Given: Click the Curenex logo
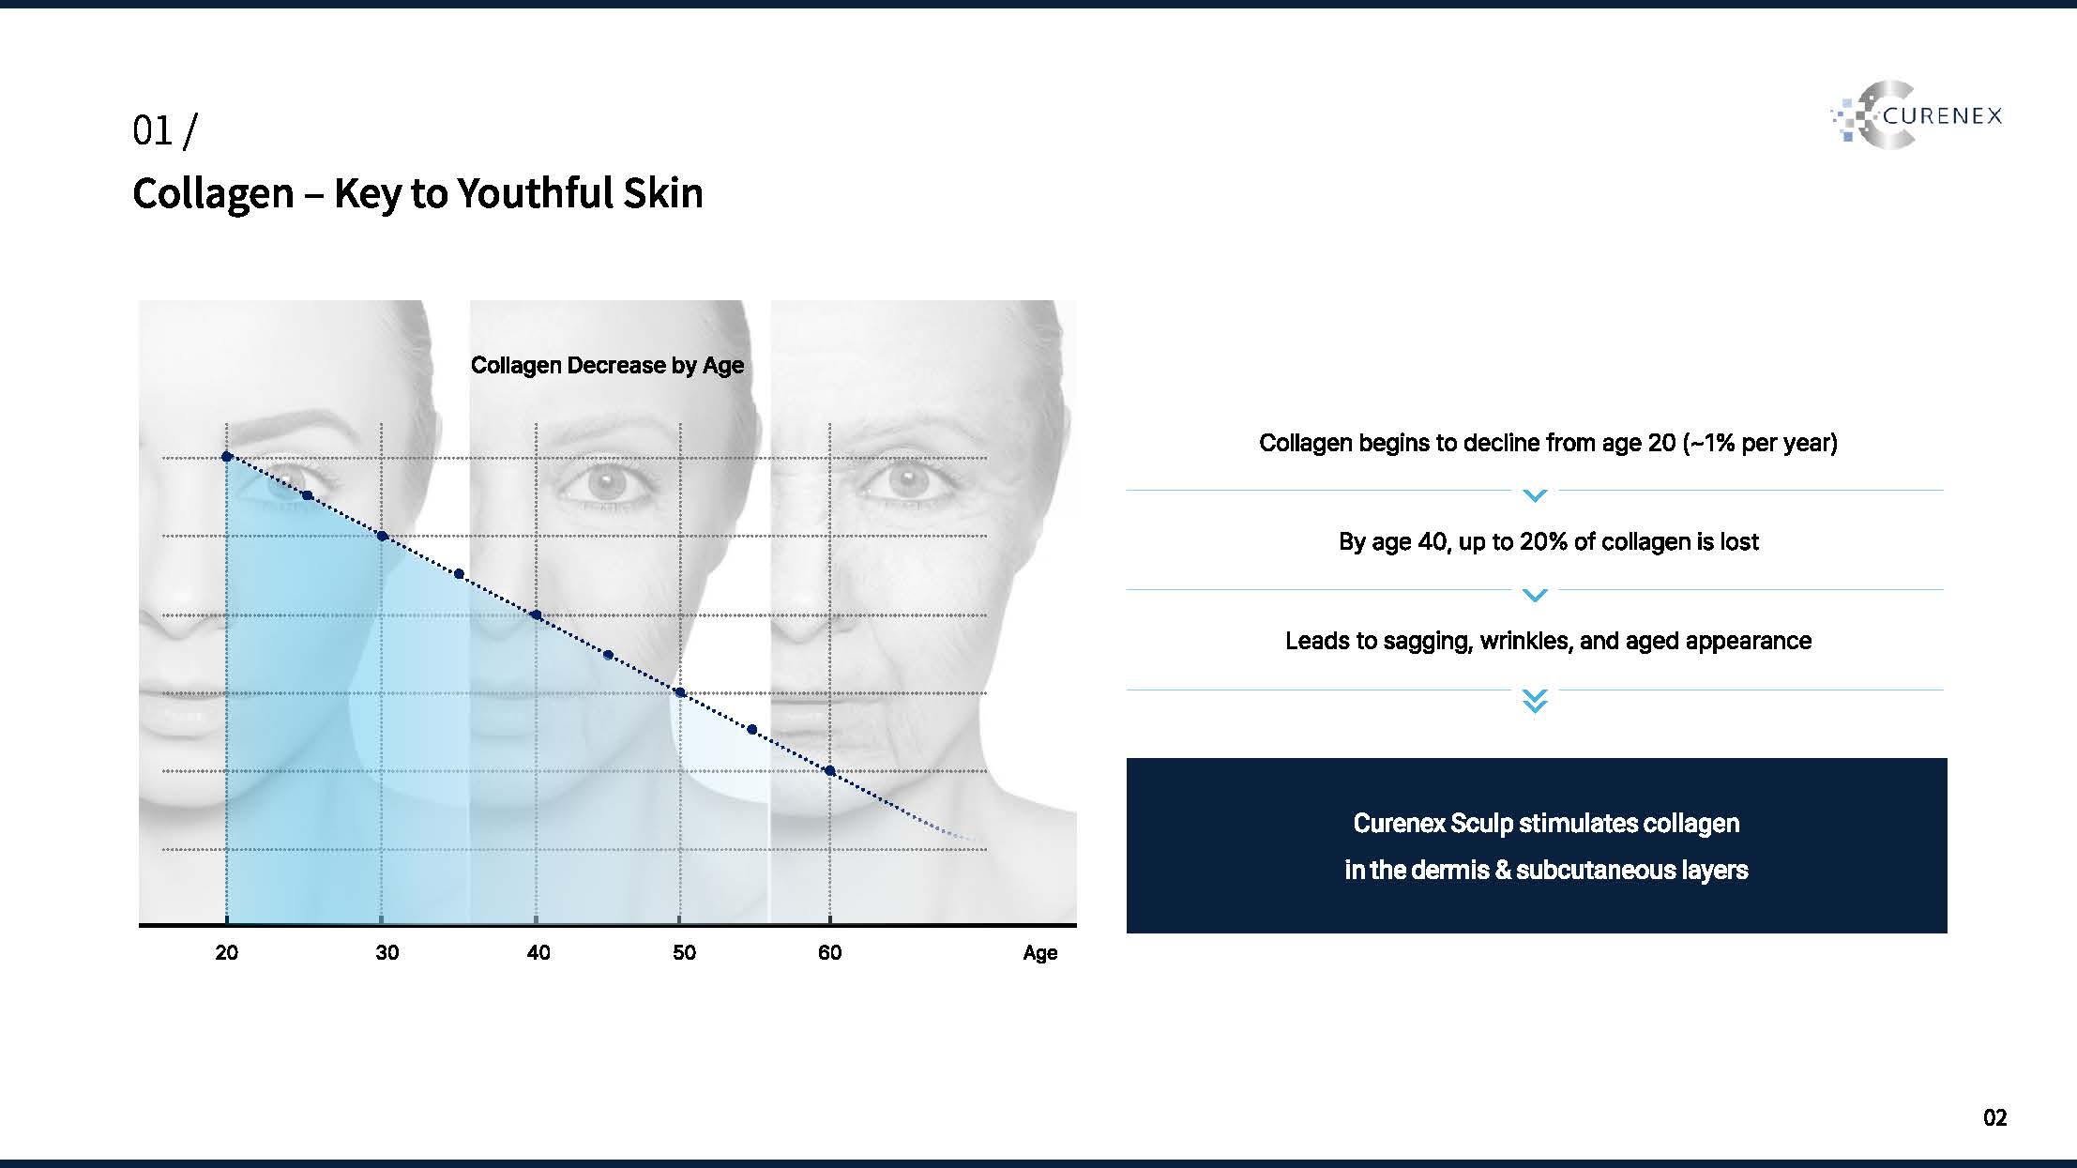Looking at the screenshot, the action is click(x=1916, y=115).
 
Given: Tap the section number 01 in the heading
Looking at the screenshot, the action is click(x=153, y=131).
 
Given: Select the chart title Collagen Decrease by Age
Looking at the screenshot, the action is click(x=607, y=365).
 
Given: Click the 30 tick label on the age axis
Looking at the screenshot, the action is click(x=387, y=952).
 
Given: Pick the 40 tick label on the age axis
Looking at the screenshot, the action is click(x=538, y=952).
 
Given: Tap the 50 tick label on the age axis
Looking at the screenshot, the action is click(x=684, y=952).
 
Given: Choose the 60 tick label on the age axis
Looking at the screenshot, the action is click(x=829, y=952).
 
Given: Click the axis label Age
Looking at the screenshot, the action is click(x=1039, y=953).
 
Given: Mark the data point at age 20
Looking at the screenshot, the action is click(x=226, y=457).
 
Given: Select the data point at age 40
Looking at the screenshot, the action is click(x=536, y=615).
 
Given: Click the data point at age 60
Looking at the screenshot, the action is click(x=829, y=771).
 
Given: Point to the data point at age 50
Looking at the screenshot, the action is click(x=680, y=693).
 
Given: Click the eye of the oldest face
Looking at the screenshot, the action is click(x=904, y=482).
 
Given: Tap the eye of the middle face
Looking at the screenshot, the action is click(x=605, y=483).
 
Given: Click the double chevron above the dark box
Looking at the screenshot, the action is click(x=1535, y=701).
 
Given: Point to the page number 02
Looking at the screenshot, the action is click(x=1995, y=1117).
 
